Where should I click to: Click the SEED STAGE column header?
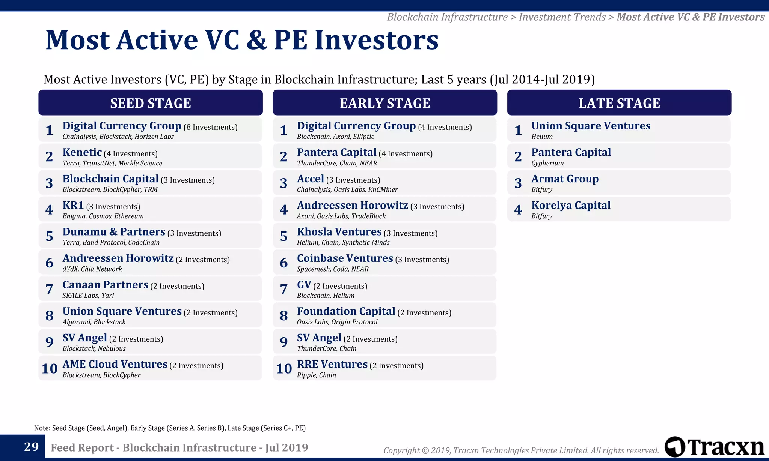[150, 103]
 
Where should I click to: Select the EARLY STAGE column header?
[384, 103]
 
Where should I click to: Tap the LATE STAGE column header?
[619, 103]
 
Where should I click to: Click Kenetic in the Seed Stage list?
[82, 152]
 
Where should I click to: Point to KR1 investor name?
[73, 205]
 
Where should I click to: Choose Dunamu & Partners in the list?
[114, 232]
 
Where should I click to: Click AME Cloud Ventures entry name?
[115, 364]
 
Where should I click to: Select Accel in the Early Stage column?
[310, 179]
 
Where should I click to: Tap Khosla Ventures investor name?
[339, 232]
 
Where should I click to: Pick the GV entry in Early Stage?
[304, 285]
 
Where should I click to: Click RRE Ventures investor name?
[332, 364]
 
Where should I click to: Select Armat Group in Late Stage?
[565, 179]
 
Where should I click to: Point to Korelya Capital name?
[571, 205]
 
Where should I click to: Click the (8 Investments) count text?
[210, 127]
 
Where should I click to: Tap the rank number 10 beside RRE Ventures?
[283, 369]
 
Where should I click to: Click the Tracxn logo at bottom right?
[714, 447]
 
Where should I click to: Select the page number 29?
[32, 447]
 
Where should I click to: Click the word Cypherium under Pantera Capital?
[547, 163]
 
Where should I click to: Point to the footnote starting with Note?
[170, 428]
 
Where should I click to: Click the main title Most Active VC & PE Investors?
[242, 40]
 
